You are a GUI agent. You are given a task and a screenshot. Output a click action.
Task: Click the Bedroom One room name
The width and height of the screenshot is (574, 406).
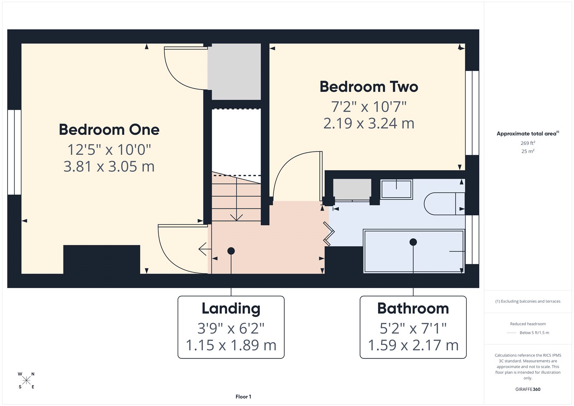pyautogui.click(x=109, y=130)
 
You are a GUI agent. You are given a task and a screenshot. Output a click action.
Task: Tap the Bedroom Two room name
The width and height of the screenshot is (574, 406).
pyautogui.click(x=369, y=87)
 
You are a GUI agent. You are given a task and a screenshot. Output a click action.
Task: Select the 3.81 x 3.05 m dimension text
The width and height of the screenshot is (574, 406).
pyautogui.click(x=109, y=167)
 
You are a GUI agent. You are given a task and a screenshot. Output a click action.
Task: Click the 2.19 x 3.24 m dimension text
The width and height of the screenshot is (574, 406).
pyautogui.click(x=369, y=123)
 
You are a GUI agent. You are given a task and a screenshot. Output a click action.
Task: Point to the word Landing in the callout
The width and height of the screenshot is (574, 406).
pyautogui.click(x=231, y=308)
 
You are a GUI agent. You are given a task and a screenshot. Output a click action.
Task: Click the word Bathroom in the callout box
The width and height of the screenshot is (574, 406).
pyautogui.click(x=413, y=308)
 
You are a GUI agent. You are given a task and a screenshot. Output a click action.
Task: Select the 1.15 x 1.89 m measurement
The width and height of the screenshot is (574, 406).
pyautogui.click(x=231, y=345)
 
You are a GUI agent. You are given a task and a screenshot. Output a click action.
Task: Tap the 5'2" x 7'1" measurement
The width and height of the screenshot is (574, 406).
pyautogui.click(x=413, y=328)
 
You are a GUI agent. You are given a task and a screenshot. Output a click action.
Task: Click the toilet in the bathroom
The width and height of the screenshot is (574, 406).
pyautogui.click(x=444, y=204)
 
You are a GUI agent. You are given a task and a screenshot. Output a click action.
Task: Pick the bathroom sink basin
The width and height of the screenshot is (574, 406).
pyautogui.click(x=396, y=189)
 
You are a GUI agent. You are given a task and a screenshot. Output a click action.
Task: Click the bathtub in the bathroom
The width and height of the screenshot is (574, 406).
pyautogui.click(x=414, y=251)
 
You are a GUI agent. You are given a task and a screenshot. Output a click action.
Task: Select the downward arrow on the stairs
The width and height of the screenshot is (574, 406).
pyautogui.click(x=236, y=217)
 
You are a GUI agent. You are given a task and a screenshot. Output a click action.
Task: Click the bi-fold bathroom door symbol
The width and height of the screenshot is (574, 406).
pyautogui.click(x=329, y=234)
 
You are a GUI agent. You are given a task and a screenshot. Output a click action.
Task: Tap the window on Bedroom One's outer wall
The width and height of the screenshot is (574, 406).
pyautogui.click(x=14, y=152)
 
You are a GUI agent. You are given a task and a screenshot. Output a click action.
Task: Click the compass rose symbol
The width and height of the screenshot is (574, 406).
pyautogui.click(x=26, y=380)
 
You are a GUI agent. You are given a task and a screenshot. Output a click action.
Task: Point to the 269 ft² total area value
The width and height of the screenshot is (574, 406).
pyautogui.click(x=528, y=143)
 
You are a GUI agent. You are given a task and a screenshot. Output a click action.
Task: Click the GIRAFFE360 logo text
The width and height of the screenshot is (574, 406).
pyautogui.click(x=528, y=389)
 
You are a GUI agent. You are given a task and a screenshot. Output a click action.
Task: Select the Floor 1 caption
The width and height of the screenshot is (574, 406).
pyautogui.click(x=243, y=397)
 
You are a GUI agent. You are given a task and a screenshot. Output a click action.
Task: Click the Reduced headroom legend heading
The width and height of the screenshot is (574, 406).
pyautogui.click(x=528, y=324)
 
